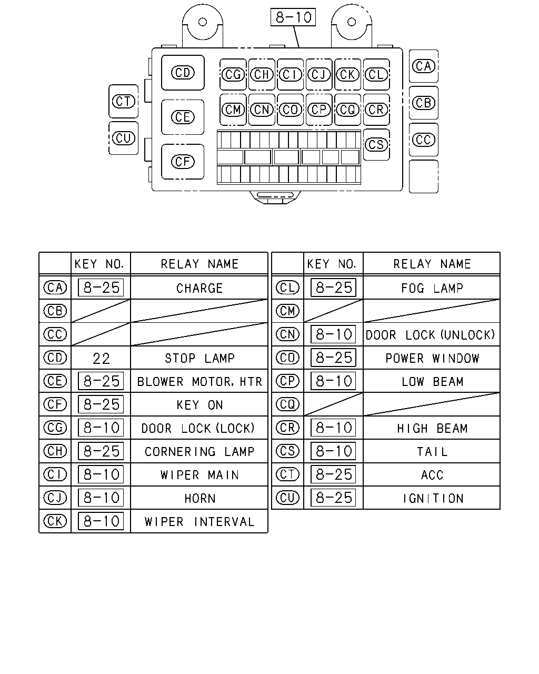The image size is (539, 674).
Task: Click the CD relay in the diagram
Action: pos(183,73)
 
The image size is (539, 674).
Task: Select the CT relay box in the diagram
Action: pos(123,101)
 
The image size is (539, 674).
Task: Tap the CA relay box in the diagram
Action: pos(423,66)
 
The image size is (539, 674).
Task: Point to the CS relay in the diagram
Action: pos(376,145)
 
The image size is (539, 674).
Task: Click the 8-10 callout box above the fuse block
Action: pos(293,17)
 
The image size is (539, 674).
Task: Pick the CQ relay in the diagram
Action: pos(347,110)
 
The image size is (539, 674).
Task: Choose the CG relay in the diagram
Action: pos(233,75)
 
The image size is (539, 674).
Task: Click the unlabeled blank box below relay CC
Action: pos(423,176)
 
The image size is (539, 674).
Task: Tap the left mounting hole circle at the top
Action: pos(203,22)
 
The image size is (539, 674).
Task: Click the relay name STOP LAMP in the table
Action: pos(199,358)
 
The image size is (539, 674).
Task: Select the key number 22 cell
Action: pos(101,358)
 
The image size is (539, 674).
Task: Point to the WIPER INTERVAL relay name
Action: pos(199,522)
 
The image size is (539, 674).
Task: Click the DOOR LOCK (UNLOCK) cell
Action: pos(431,335)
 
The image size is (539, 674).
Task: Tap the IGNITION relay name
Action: pos(433,499)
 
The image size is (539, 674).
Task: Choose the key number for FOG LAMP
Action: pos(334,288)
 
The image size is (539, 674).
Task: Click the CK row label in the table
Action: pos(55,521)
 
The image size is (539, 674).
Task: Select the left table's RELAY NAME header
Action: pos(199,264)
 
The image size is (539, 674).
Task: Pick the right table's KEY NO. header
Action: pos(332,264)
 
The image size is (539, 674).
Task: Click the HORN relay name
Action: pos(200,499)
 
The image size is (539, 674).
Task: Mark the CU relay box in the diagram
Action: pos(123,138)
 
